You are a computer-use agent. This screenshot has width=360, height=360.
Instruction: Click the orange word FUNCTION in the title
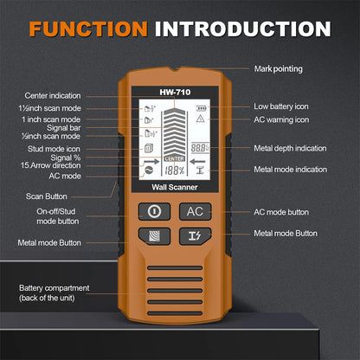pyautogui.click(x=88, y=29)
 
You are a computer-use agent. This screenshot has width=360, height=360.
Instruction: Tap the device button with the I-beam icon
pyautogui.click(x=195, y=235)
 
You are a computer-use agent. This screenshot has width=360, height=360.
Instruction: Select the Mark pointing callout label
pyautogui.click(x=278, y=68)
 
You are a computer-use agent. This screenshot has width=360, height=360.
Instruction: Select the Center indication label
pyautogui.click(x=52, y=95)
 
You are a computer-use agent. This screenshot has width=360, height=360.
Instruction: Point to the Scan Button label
pyautogui.click(x=46, y=196)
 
